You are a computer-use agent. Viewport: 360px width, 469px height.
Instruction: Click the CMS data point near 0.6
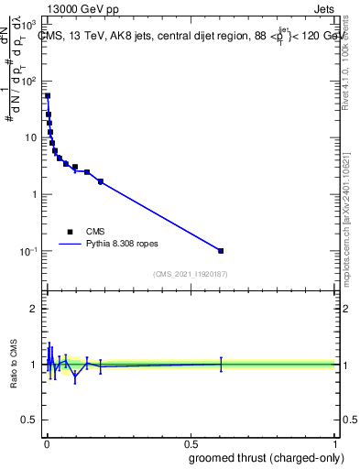click(x=221, y=250)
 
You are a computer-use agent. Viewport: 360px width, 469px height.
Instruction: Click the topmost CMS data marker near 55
click(x=48, y=95)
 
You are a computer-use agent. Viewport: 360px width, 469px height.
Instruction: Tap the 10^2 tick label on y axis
click(x=27, y=82)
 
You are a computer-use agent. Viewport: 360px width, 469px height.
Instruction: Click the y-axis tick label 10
click(x=29, y=138)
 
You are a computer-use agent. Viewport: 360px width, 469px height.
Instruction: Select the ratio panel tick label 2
click(x=36, y=309)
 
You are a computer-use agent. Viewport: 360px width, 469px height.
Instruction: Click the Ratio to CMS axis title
click(x=14, y=364)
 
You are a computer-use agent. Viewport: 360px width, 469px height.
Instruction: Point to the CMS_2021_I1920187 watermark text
click(x=191, y=274)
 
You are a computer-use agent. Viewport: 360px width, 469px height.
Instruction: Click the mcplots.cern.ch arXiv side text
click(x=346, y=211)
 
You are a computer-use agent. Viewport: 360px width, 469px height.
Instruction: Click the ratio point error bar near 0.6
click(x=221, y=364)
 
